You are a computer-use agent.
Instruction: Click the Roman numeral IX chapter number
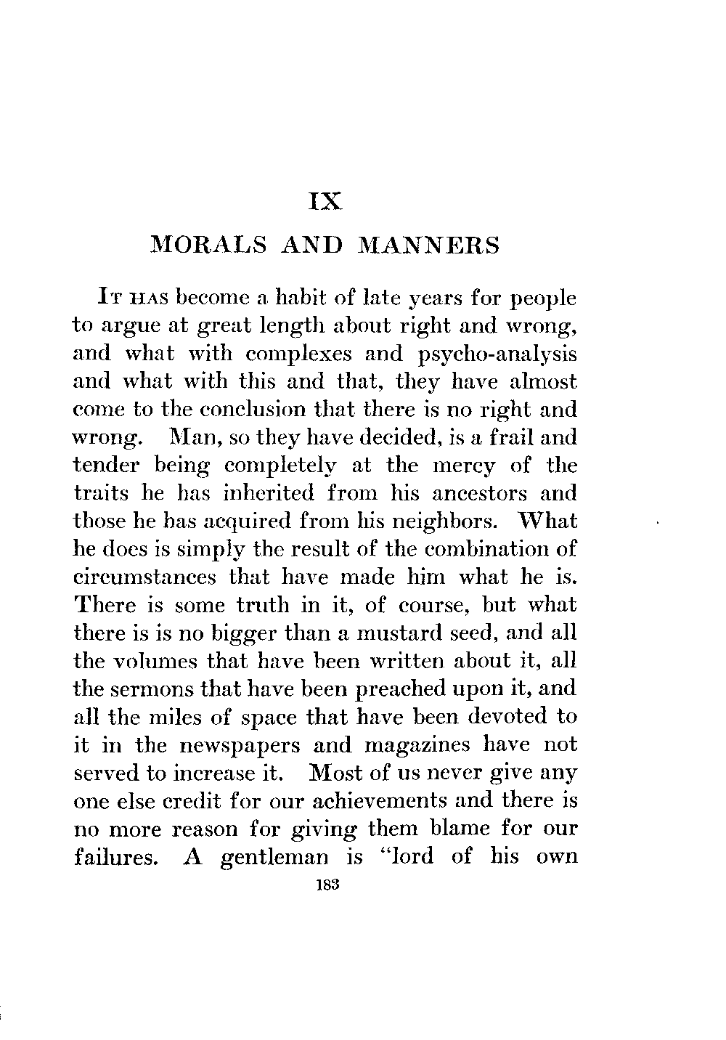point(325,200)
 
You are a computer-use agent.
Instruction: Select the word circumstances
point(145,578)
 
